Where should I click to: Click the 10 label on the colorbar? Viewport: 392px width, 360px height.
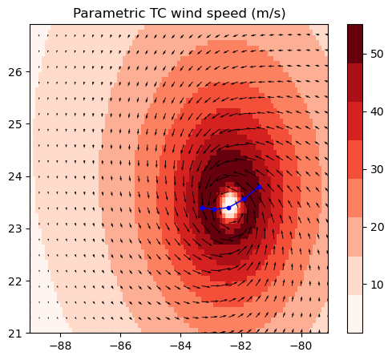click(x=375, y=285)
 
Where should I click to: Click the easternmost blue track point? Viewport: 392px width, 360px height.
click(x=259, y=187)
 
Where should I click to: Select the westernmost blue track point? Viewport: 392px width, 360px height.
click(x=202, y=208)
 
